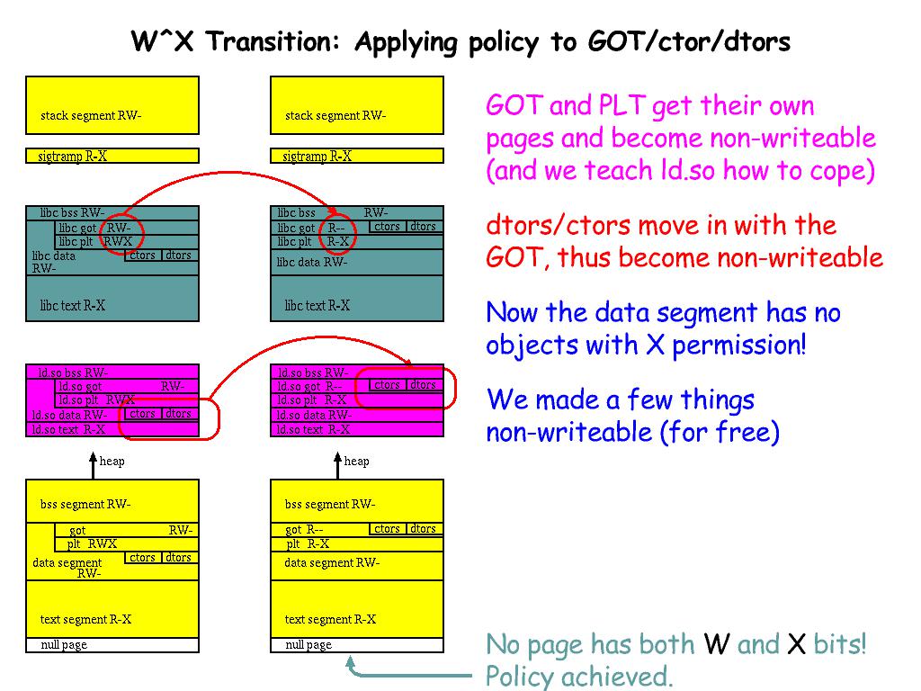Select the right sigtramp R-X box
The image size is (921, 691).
[357, 156]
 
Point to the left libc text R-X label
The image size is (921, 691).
[73, 306]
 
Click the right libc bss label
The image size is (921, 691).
[297, 213]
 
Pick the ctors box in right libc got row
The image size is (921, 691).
[388, 227]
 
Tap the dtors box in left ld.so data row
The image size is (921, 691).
[178, 414]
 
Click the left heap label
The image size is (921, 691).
[112, 462]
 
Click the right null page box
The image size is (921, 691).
[357, 645]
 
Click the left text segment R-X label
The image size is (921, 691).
[86, 619]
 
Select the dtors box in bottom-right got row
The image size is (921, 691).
[423, 529]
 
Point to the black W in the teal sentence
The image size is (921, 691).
[716, 645]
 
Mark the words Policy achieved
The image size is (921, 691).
[579, 676]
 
